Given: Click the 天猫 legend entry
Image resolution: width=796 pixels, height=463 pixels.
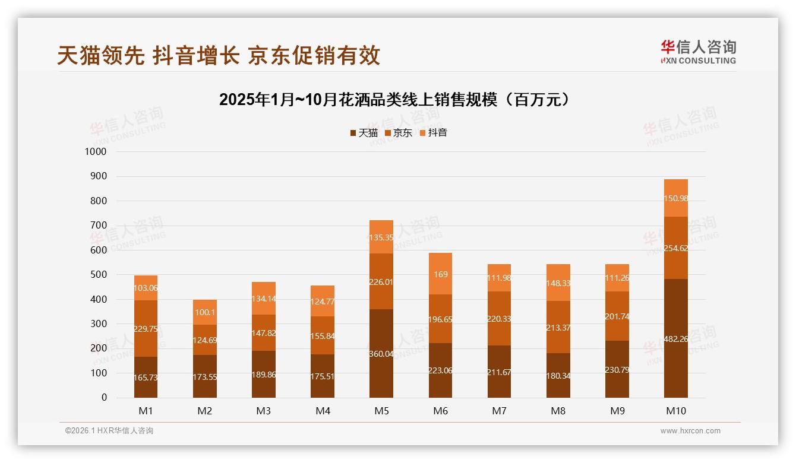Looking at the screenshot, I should pos(364,133).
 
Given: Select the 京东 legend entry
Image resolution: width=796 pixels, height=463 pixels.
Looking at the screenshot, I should pos(399,133).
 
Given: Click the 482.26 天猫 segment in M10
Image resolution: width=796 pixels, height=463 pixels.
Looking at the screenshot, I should pos(676,341).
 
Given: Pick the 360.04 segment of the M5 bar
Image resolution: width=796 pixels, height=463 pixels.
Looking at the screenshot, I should pos(381,353).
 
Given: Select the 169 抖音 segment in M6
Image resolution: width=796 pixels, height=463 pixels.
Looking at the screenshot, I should pos(440,274).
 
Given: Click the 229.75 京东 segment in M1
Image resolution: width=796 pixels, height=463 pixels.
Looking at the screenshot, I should pos(146,328).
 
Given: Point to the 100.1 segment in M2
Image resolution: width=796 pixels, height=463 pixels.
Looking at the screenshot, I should pos(204,312).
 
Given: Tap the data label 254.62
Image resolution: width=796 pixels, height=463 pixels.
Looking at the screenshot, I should pos(676,248).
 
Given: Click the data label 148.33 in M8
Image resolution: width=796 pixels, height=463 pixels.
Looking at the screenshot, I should pos(558,284).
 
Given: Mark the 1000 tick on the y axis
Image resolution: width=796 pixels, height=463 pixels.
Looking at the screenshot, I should pos(96,152).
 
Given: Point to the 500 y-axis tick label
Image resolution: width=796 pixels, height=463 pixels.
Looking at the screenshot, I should pos(98,275).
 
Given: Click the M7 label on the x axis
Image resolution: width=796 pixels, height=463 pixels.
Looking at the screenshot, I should pos(499,411).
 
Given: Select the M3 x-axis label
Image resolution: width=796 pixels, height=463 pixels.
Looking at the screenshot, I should pos(264,411).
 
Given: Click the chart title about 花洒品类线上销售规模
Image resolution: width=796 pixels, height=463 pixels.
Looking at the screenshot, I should pos(397,99).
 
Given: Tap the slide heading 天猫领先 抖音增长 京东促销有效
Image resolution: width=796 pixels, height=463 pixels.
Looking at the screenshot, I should pos(219,56).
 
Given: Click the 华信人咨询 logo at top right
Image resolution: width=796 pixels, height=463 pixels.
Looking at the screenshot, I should pos(698,52).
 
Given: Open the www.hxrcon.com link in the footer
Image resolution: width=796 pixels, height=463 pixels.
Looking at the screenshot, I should pos(690,431).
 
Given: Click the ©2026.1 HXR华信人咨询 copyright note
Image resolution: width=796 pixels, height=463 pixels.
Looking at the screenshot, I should pos(109,431).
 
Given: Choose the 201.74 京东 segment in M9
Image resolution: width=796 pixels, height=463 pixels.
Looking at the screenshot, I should pos(617,316).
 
